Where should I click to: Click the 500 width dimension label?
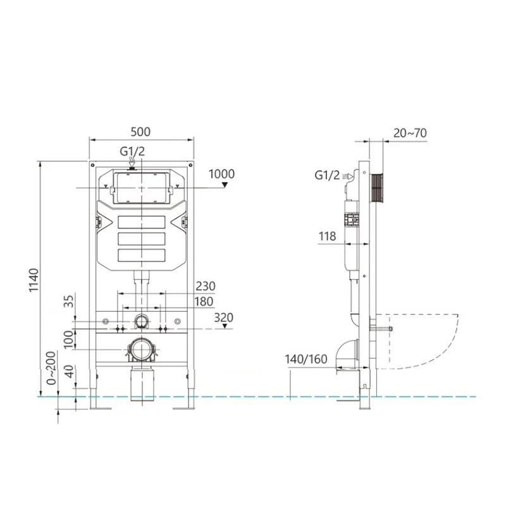tap(140, 132)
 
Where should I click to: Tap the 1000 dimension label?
tap(221, 174)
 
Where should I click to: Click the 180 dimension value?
tap(204, 302)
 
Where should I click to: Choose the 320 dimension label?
tap(223, 318)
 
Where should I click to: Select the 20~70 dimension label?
tap(410, 133)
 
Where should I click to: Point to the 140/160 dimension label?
tap(305, 360)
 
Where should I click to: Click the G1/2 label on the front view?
tap(132, 152)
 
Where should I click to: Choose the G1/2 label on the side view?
tap(327, 175)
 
